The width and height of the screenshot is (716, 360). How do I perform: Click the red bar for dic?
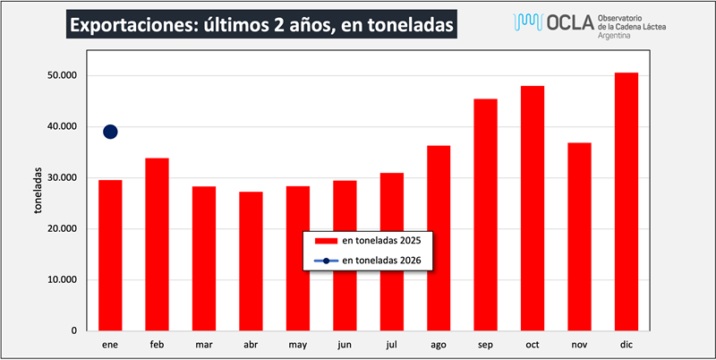[x=626, y=201]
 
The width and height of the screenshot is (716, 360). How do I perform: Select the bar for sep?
[x=485, y=215]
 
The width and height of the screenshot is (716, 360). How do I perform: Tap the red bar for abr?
[x=251, y=261]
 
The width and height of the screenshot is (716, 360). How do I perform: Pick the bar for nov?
[x=579, y=236]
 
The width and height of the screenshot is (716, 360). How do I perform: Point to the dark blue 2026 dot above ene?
[x=110, y=132]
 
